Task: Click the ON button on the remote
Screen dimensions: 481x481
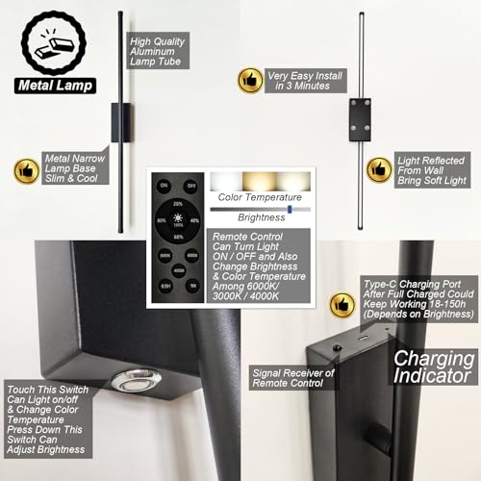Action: click(164, 185)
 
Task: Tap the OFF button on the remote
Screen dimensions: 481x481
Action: click(190, 185)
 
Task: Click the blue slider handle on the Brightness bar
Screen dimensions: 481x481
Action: click(290, 209)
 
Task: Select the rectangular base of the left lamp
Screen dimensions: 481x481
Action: click(117, 122)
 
